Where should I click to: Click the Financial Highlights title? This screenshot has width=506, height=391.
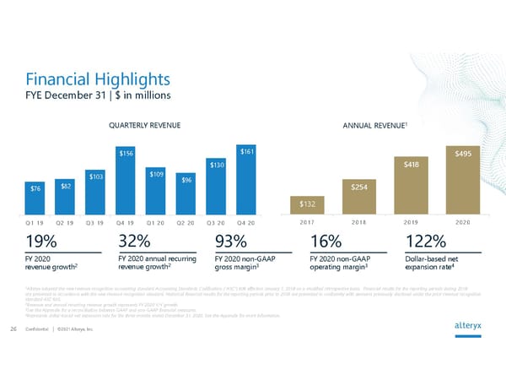coord(98,79)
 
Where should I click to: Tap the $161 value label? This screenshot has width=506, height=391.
coord(246,152)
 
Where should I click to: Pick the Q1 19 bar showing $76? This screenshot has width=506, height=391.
coord(35,198)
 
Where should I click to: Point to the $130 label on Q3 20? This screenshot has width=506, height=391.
coord(216,165)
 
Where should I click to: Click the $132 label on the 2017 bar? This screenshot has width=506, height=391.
coord(308,203)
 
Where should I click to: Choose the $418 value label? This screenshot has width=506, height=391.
coord(411,165)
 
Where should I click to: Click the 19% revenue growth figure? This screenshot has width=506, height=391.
coord(40,241)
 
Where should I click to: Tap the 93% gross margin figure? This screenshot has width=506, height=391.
coord(232,241)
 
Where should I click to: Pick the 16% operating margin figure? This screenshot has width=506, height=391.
coord(326,241)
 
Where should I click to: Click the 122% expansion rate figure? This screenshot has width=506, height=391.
coord(426,241)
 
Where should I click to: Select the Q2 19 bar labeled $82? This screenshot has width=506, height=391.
coord(65,196)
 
